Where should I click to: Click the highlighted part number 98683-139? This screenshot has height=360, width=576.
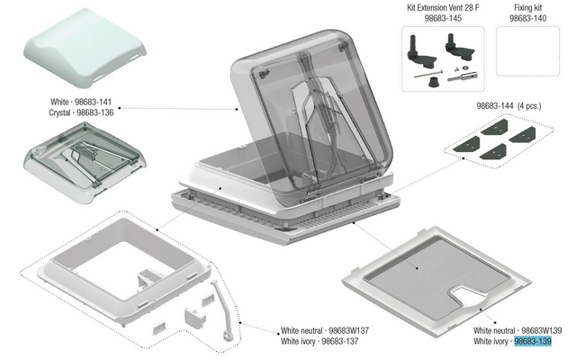click(x=533, y=341)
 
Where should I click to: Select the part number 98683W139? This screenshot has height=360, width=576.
click(x=542, y=330)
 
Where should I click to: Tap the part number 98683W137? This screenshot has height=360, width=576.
click(x=348, y=330)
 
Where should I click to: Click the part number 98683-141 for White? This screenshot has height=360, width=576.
click(x=93, y=102)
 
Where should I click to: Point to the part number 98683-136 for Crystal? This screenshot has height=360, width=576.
click(x=95, y=112)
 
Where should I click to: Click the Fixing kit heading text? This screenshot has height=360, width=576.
click(x=528, y=7)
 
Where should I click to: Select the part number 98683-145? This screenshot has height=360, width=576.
click(x=443, y=18)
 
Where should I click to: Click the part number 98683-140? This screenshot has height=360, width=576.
click(x=528, y=18)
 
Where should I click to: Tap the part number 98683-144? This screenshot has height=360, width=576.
click(x=495, y=106)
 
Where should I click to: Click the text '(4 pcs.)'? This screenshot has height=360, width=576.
click(x=529, y=106)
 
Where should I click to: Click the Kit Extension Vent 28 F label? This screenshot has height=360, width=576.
click(x=443, y=7)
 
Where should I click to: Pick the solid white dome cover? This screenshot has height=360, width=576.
click(x=85, y=48)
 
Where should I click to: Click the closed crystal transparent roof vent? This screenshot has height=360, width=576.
click(x=85, y=163)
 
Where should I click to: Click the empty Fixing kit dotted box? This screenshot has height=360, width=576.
click(x=528, y=51)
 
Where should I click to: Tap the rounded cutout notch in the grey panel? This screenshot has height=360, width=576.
click(x=466, y=295)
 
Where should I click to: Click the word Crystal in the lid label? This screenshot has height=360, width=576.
click(x=59, y=112)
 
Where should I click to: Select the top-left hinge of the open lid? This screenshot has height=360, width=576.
click(x=263, y=75)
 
